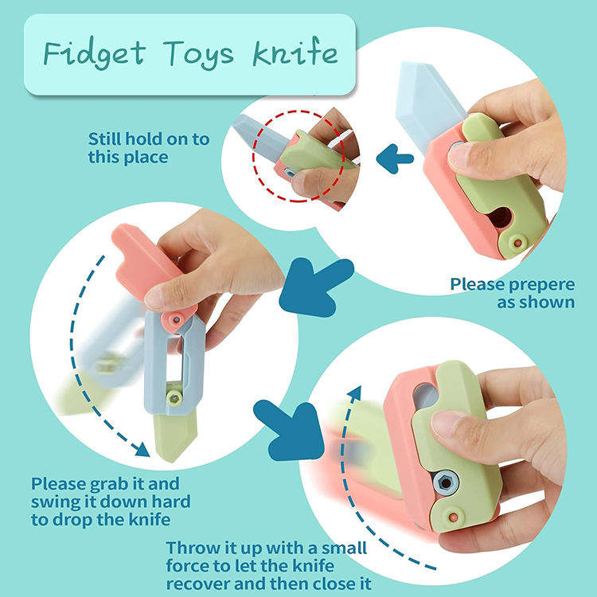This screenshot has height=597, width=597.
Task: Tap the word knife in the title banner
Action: point(295,53)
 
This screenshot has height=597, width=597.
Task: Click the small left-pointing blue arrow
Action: point(395,158)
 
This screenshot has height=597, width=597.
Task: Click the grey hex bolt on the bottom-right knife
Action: point(446,483)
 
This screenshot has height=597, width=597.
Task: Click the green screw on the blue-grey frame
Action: point(174,399)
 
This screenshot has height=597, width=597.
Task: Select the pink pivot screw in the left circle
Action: point(176,319)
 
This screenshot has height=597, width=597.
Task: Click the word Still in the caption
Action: point(105,139)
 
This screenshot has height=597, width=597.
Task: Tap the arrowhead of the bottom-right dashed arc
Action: point(355,393)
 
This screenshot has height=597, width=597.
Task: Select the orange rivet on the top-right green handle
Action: point(517,243)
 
